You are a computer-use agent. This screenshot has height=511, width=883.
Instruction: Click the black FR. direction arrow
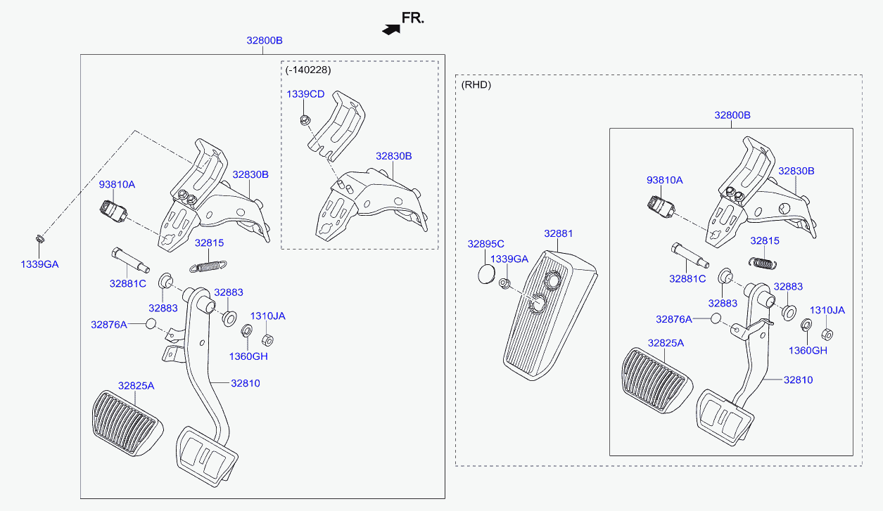tap(391, 30)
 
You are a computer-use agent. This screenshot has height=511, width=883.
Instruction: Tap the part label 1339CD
tap(305, 94)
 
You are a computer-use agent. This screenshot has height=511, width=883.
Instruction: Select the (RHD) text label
tap(476, 84)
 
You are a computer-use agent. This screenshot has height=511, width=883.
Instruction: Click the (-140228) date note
tap(308, 70)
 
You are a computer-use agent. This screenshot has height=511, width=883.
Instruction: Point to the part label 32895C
tap(485, 244)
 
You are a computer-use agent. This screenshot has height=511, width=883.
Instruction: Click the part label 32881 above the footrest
tap(558, 233)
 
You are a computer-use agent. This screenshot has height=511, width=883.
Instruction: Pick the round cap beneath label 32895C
tap(486, 274)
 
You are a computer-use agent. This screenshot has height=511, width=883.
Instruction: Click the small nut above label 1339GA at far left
tap(40, 238)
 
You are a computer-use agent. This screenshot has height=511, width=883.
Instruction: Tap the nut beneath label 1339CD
tap(305, 119)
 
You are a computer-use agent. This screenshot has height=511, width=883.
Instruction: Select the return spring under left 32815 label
tap(208, 266)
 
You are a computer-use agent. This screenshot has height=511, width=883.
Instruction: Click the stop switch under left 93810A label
tap(113, 211)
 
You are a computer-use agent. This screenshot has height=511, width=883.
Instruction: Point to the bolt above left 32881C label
tap(130, 260)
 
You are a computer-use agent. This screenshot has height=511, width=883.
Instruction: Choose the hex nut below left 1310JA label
tap(267, 340)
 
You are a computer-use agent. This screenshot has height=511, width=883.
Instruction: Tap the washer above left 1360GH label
tap(247, 330)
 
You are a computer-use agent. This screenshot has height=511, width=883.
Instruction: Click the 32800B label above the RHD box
tap(732, 115)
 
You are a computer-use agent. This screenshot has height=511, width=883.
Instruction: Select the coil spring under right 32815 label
tap(763, 263)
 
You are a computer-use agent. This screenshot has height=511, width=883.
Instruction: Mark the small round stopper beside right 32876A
tap(716, 318)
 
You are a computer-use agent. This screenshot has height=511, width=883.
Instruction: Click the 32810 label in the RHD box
tap(799, 380)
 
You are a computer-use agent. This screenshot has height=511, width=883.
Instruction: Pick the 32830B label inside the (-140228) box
tap(394, 156)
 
